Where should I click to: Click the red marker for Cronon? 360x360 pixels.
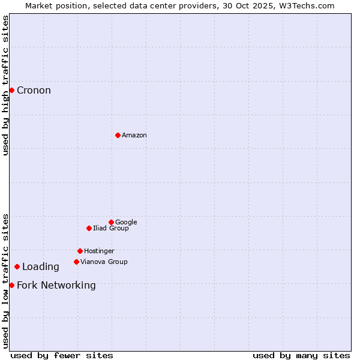pyautogui.click(x=11, y=90)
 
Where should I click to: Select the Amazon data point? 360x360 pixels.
pyautogui.click(x=118, y=135)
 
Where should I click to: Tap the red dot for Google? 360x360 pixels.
pyautogui.click(x=111, y=222)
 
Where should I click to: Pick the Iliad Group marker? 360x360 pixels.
pyautogui.click(x=89, y=228)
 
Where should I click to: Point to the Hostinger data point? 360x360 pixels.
pyautogui.click(x=80, y=251)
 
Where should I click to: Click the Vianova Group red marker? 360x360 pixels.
pyautogui.click(x=76, y=262)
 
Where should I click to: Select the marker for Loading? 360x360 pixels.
pyautogui.click(x=17, y=266)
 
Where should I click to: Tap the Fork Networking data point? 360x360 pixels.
pyautogui.click(x=11, y=285)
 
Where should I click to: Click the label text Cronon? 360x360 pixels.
pyautogui.click(x=34, y=91)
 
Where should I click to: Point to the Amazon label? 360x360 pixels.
pyautogui.click(x=134, y=136)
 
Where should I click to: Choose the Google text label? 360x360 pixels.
pyautogui.click(x=126, y=223)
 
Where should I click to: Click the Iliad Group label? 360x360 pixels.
pyautogui.click(x=111, y=229)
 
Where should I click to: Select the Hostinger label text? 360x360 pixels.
pyautogui.click(x=99, y=251)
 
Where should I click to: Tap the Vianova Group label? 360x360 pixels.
pyautogui.click(x=104, y=262)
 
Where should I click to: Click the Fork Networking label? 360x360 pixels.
pyautogui.click(x=56, y=286)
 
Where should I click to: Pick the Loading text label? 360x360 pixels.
pyautogui.click(x=41, y=267)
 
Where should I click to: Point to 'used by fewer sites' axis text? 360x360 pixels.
pyautogui.click(x=62, y=355)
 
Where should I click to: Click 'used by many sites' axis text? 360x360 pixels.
pyautogui.click(x=301, y=355)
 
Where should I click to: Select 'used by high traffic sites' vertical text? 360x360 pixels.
pyautogui.click(x=6, y=86)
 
